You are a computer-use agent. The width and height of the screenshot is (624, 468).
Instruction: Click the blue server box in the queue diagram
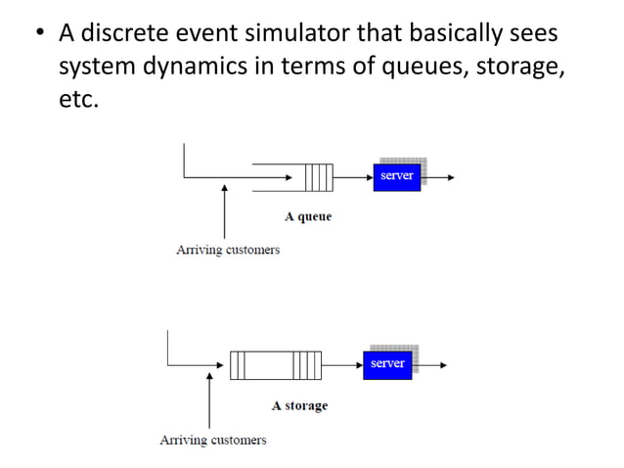(x=396, y=176)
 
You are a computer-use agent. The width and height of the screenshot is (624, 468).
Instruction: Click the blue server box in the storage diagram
(x=387, y=364)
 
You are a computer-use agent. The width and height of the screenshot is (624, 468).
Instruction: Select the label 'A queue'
(x=308, y=216)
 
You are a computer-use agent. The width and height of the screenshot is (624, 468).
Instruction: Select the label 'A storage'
(x=299, y=405)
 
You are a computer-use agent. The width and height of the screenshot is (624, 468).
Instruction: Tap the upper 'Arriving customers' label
(x=227, y=250)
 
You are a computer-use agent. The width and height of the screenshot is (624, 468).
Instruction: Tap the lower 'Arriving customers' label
(x=212, y=440)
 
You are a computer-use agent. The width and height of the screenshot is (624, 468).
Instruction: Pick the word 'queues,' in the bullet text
(x=421, y=69)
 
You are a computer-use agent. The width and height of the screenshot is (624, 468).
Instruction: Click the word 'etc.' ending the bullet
(x=78, y=102)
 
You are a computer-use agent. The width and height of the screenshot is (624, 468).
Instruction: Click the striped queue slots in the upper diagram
(x=318, y=177)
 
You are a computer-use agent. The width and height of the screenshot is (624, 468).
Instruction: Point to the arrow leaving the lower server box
(x=429, y=365)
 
